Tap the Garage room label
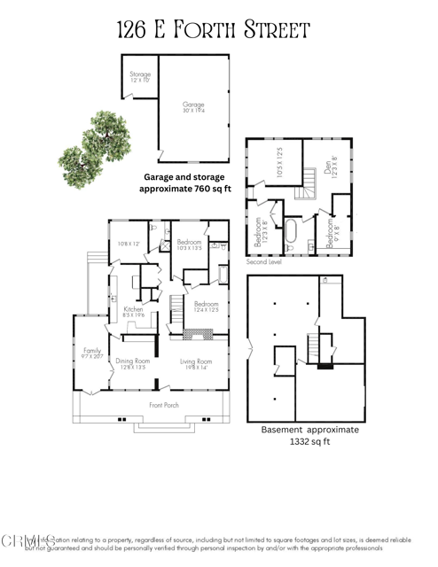[193, 104]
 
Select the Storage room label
[139, 75]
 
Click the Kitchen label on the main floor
[121, 308]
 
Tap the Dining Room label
[130, 361]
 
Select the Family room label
[91, 351]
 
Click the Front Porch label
[164, 405]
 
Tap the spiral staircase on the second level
[309, 185]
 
